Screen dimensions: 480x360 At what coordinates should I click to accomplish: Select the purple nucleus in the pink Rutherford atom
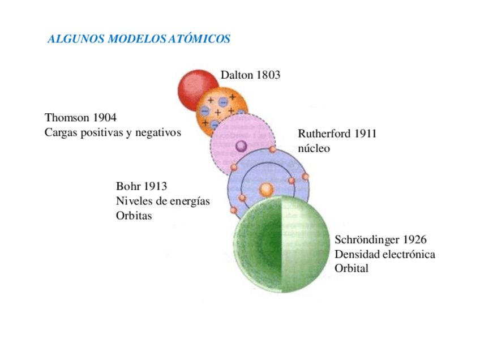[241, 147]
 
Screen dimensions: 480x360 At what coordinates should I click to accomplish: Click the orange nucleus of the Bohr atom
[266, 189]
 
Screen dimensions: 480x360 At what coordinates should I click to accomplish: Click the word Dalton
[237, 75]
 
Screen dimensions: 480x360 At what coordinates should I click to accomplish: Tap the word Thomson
[67, 118]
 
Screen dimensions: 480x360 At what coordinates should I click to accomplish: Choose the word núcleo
[314, 149]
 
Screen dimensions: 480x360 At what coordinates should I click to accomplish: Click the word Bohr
[128, 186]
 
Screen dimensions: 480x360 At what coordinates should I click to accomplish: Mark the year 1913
[156, 186]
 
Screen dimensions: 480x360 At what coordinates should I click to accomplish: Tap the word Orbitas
[134, 216]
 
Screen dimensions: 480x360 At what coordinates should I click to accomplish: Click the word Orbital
[352, 268]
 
